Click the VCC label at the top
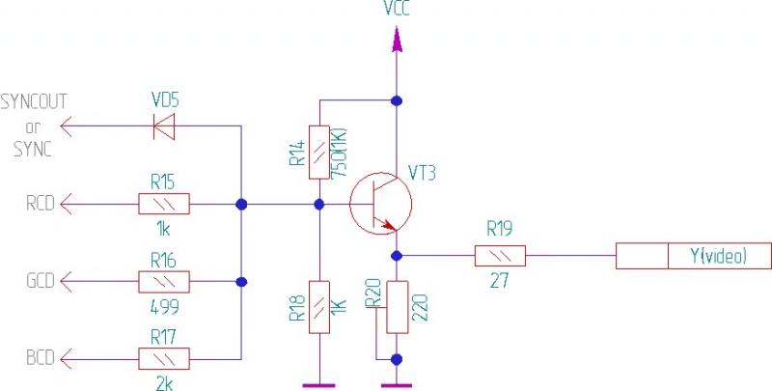point(396,11)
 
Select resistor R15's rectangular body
point(164,204)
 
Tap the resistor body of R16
point(164,282)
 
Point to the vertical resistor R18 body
point(320,307)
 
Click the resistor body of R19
point(500,256)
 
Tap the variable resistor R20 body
point(396,307)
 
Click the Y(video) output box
point(695,256)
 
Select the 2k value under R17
point(165,383)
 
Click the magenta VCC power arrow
point(396,40)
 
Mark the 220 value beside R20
point(420,308)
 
